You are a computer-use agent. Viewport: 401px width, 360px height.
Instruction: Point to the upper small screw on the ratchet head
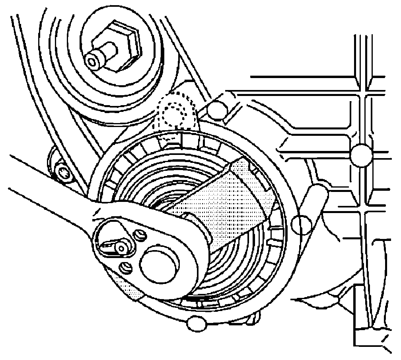pyautogui.click(x=139, y=235)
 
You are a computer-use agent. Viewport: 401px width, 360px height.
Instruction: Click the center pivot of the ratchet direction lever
pyautogui.click(x=121, y=248)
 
